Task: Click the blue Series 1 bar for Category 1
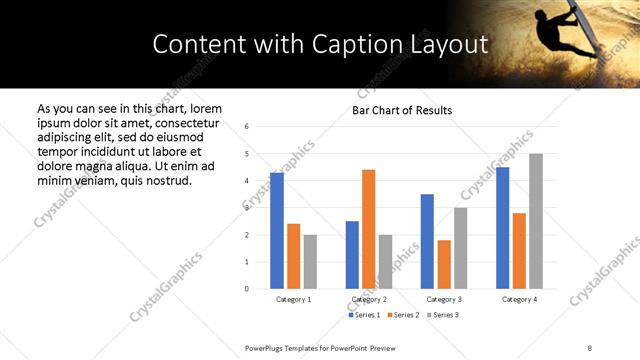click(x=277, y=231)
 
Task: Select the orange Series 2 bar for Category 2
click(x=368, y=229)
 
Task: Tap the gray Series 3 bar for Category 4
click(x=536, y=221)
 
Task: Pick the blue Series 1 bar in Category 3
click(x=427, y=241)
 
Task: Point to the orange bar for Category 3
click(x=444, y=264)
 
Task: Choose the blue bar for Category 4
click(x=502, y=228)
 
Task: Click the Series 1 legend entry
click(x=364, y=315)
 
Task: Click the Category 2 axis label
click(x=369, y=299)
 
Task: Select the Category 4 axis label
click(x=519, y=299)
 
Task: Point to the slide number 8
click(x=589, y=347)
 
